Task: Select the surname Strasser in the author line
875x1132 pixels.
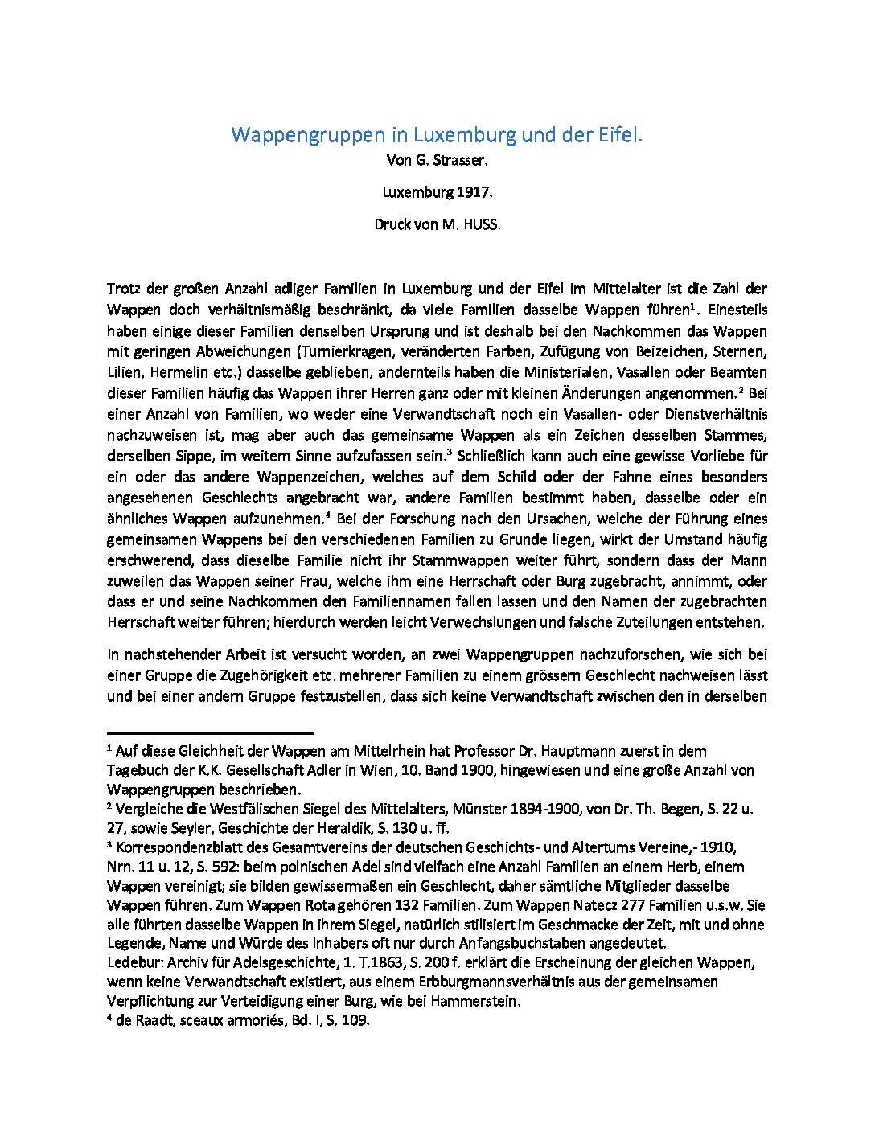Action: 460,160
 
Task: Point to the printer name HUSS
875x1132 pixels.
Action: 481,224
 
